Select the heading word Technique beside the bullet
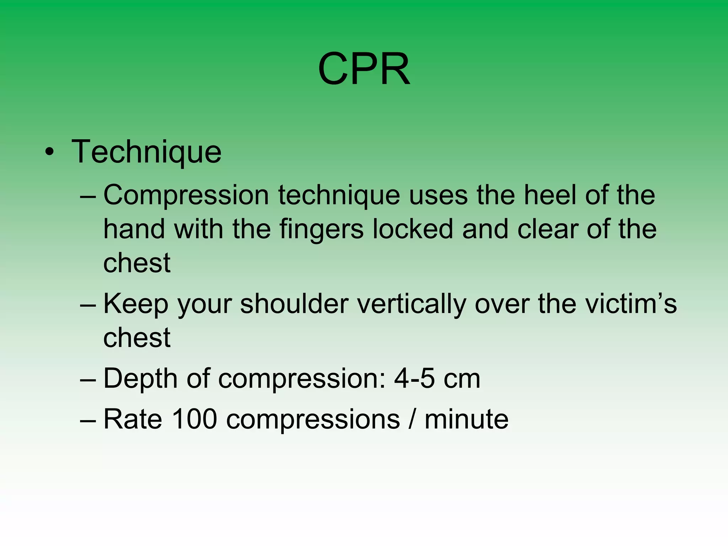pos(146,152)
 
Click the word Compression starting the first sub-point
pos(186,196)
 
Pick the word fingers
pos(321,229)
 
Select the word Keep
pos(135,304)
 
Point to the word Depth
pos(140,379)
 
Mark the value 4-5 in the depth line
pos(414,378)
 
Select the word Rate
pos(133,419)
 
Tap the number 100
pos(194,419)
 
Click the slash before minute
pos(412,419)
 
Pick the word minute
pos(466,419)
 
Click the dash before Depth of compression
pos(88,380)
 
